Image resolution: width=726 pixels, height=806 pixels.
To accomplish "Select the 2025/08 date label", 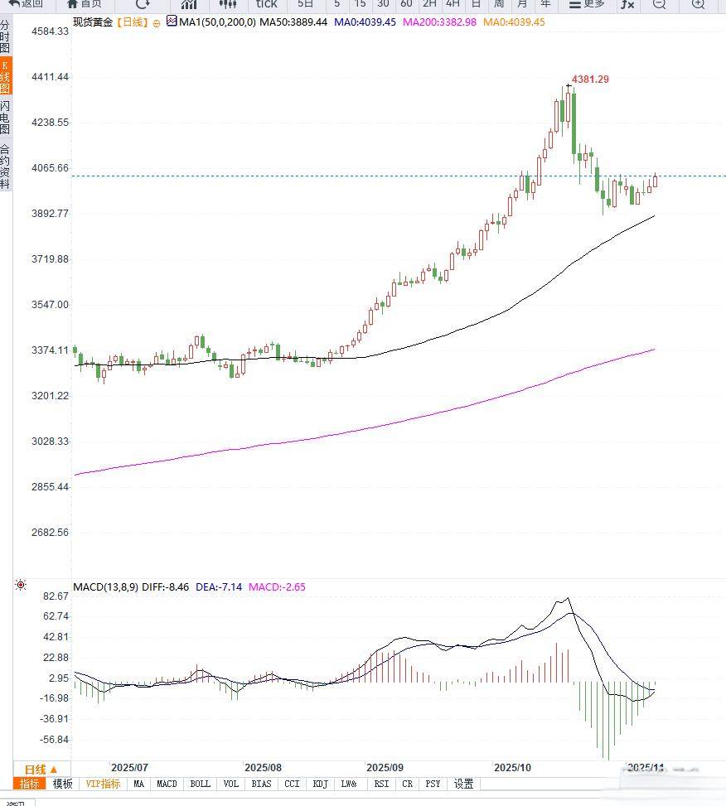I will coord(264,768).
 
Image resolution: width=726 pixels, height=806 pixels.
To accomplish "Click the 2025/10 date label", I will coord(512,768).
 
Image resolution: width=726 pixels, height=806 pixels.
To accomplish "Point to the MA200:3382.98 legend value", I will coord(439,22).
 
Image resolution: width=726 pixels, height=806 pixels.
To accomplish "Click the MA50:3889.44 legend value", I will coord(293,22).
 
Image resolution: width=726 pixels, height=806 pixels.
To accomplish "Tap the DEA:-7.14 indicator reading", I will coord(219,587).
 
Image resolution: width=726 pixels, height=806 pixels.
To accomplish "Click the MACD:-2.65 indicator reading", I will coord(277,587).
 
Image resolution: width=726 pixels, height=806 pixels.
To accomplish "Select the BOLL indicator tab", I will coord(200,784).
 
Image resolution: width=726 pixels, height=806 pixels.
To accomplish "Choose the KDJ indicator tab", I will coord(320,784).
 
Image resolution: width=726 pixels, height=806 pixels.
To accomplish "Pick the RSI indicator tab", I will coord(381,784).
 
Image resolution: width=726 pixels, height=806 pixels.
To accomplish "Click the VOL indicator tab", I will coord(231,784).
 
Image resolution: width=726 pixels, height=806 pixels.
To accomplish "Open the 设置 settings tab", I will coord(463,784).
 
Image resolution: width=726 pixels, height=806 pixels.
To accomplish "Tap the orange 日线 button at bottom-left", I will coord(41,770).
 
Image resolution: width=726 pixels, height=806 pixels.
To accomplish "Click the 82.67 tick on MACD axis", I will coord(56,596).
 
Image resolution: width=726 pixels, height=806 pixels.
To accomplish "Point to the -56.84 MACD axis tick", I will coord(55,740).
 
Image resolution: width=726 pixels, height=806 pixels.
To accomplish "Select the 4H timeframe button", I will coord(453,4).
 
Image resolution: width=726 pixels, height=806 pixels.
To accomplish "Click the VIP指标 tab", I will coord(103,784).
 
